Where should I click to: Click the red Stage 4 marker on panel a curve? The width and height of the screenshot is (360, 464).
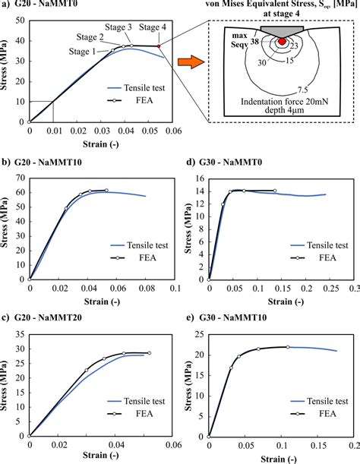tap(159, 46)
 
